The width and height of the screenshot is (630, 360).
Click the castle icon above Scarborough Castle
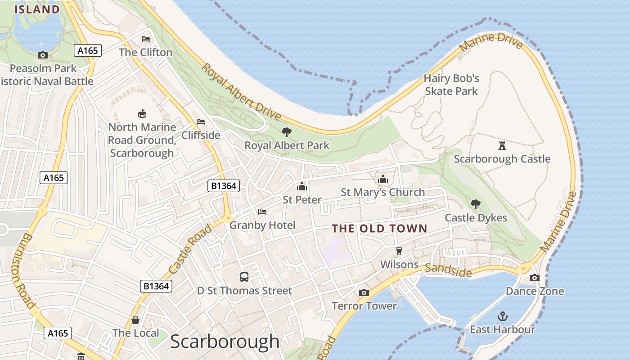tap(502, 145)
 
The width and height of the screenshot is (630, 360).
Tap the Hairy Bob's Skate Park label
tap(451, 85)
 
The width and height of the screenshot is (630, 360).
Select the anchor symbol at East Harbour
tap(502, 316)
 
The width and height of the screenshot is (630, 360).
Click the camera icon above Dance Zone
tap(535, 278)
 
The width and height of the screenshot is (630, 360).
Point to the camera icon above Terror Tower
tap(364, 293)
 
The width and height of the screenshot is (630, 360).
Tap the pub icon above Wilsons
tap(399, 251)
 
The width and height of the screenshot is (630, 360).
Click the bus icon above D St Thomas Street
tap(244, 277)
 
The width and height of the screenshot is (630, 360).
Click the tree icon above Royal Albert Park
tap(286, 132)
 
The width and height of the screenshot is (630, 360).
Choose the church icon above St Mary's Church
tap(383, 179)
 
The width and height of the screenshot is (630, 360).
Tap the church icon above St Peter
tap(301, 186)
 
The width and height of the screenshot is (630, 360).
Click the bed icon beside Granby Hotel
tap(262, 212)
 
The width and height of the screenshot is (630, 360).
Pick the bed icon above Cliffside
tap(201, 122)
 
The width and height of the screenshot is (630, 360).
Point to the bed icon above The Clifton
tap(146, 39)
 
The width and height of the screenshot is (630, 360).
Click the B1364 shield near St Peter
tap(224, 185)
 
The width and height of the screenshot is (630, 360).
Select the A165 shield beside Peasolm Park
tap(88, 50)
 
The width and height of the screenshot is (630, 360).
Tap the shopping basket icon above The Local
tap(135, 320)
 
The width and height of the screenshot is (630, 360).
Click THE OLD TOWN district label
tap(379, 229)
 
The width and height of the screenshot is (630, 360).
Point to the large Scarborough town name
tap(225, 342)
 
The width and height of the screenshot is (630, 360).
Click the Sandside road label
tap(448, 270)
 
